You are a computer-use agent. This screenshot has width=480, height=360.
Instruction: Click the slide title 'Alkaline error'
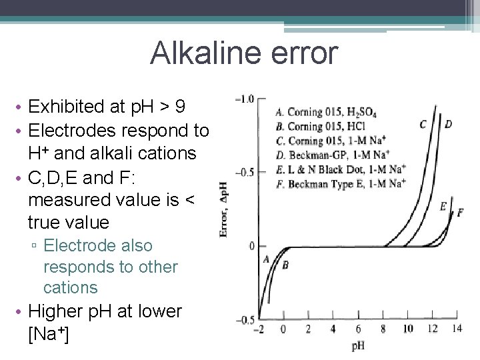pos(244,53)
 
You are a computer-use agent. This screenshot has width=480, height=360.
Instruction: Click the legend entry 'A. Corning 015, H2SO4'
pos(325,113)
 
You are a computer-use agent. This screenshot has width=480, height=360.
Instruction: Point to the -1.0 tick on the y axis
pos(244,99)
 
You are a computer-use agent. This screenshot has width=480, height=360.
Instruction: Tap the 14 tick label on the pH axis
pos(456,329)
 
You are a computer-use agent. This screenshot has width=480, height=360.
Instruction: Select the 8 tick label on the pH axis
pos(383,329)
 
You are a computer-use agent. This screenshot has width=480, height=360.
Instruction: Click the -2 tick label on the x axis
pos(259,329)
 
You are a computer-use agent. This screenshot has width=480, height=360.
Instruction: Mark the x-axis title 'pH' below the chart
pos(358,346)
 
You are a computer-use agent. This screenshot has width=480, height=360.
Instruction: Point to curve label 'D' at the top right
pos(448,123)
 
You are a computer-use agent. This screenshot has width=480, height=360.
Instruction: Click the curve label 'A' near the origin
pos(266,259)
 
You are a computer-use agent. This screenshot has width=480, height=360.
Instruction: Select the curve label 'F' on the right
pos(460,212)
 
